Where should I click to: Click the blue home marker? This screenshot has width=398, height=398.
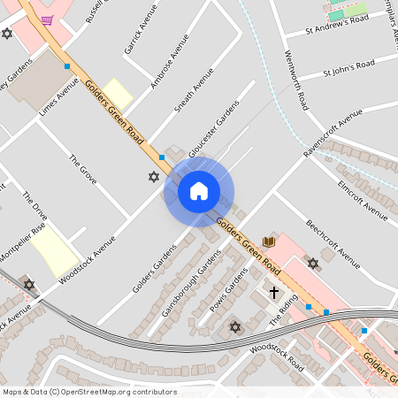point(198,190)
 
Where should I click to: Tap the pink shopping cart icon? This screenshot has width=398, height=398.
point(46,19)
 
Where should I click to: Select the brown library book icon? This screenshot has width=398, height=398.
point(269,241)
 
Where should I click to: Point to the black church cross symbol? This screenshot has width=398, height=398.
point(274,291)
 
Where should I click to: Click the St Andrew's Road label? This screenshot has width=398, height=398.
point(337,24)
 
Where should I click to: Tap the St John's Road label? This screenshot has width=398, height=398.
point(348,67)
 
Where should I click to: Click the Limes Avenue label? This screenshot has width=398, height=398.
point(59,103)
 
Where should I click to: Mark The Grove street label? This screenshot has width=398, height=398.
point(82,169)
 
